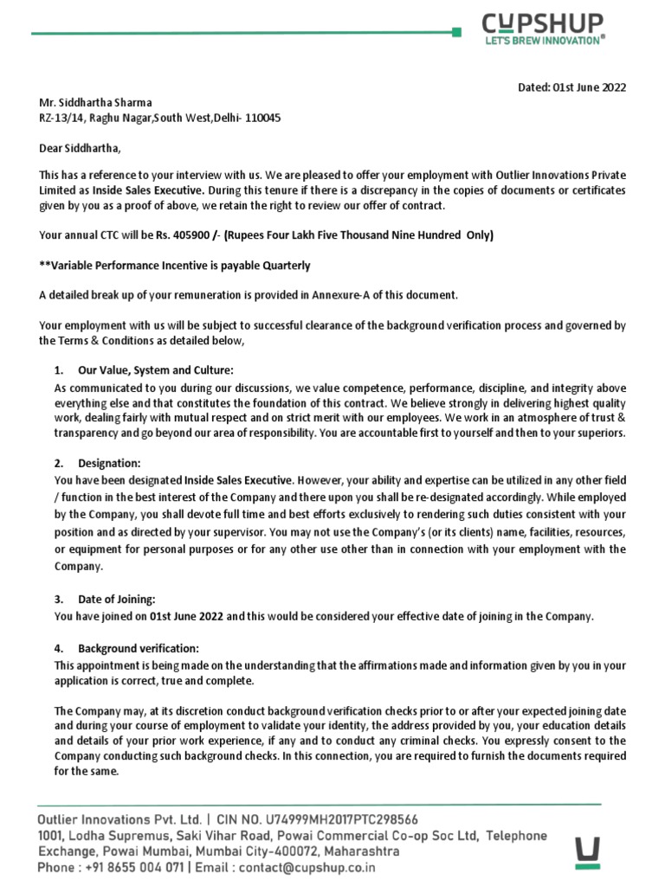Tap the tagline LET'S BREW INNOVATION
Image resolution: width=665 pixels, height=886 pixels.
543,40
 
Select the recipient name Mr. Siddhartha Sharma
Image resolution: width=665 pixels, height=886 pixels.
96,102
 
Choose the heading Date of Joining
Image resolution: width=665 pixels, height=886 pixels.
117,599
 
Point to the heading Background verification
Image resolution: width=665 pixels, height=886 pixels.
139,648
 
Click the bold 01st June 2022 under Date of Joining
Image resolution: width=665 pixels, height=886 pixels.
186,616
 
